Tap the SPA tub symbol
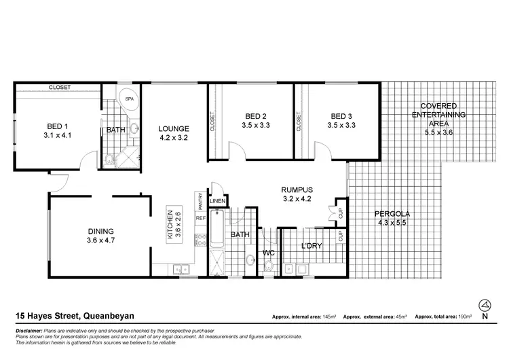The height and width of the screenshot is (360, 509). tap(129, 99)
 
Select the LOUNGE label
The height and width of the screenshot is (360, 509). tap(173, 128)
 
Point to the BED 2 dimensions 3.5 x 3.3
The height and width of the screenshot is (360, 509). tap(256, 125)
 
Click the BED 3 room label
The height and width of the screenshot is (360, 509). tap(341, 115)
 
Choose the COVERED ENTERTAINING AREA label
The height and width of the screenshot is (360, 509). tap(438, 115)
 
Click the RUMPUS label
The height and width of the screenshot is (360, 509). tap(297, 190)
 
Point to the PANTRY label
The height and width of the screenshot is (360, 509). tap(201, 200)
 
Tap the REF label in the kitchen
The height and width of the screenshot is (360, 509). tap(200, 219)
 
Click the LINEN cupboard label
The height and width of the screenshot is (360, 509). tap(217, 201)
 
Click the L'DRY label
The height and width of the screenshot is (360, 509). tap(311, 245)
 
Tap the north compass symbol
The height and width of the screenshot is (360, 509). tap(484, 305)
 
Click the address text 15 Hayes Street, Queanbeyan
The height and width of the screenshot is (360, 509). tap(74, 315)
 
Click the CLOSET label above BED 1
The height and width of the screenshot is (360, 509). tap(60, 88)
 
